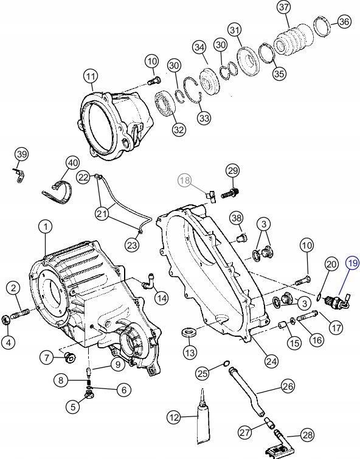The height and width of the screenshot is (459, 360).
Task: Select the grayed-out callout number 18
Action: (184, 180)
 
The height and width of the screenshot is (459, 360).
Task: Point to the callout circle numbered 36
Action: (344, 22)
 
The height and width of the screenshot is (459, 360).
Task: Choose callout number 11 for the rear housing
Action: (91, 77)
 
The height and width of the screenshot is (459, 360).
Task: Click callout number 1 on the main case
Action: (45, 227)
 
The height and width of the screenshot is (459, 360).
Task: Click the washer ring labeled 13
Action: (190, 334)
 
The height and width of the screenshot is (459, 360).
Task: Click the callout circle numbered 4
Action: (9, 342)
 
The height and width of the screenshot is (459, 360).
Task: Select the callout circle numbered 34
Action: (198, 47)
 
